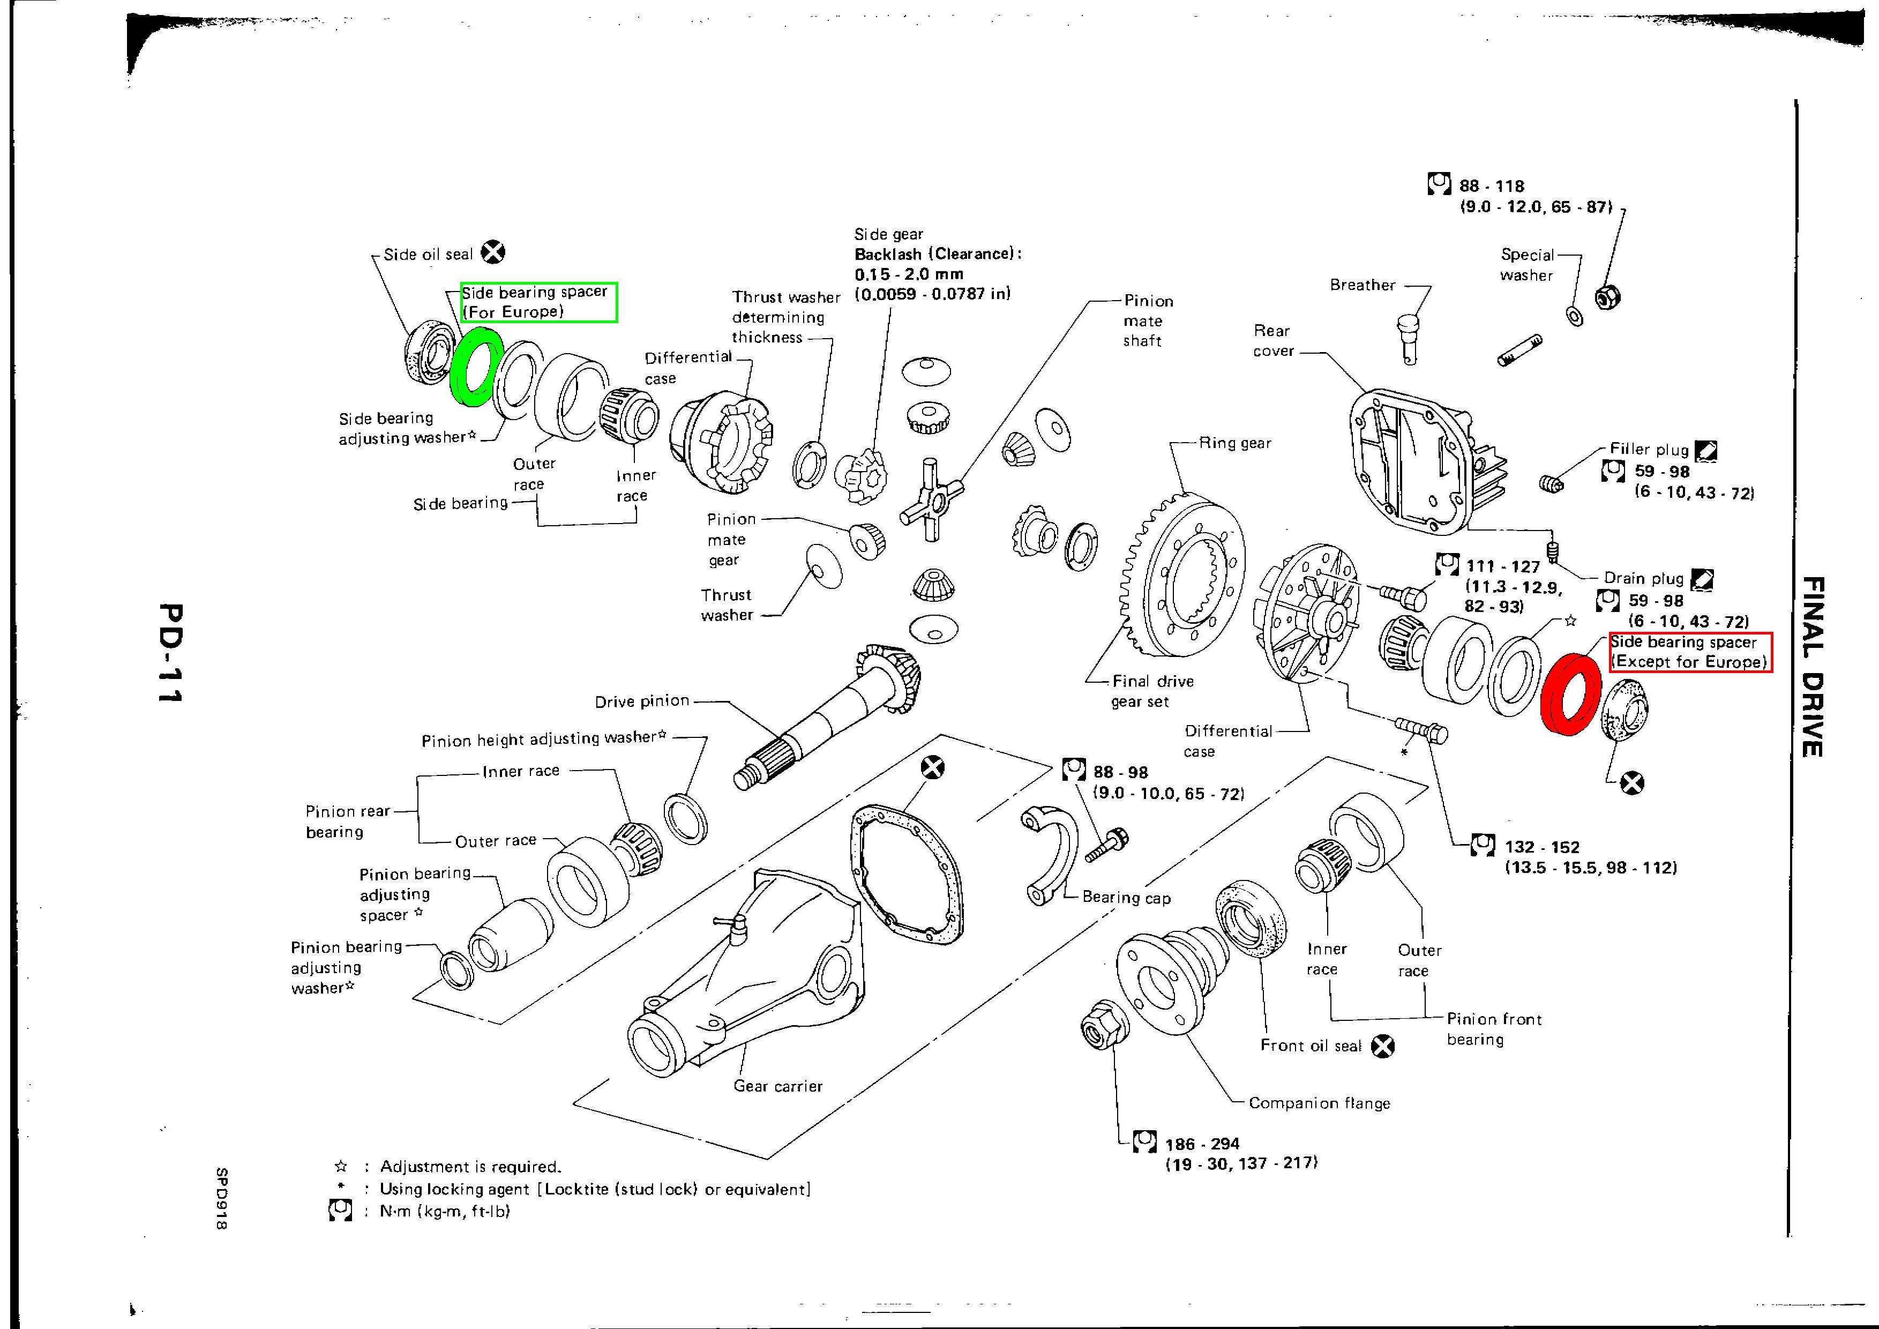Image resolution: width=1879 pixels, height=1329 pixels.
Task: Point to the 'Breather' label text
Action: pyautogui.click(x=1363, y=285)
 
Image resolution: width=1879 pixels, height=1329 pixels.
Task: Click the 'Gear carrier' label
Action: pyautogui.click(x=777, y=1086)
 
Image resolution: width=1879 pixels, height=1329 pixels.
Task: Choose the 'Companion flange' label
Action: pyautogui.click(x=1319, y=1103)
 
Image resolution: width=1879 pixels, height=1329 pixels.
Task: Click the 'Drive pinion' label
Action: pyautogui.click(x=642, y=701)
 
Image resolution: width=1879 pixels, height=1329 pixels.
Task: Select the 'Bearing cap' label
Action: pyautogui.click(x=1126, y=897)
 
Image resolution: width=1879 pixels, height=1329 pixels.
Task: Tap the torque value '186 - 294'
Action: pyautogui.click(x=1202, y=1144)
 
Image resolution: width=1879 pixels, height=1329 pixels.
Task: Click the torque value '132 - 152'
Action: pyautogui.click(x=1542, y=847)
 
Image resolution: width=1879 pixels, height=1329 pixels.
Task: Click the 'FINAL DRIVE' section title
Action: pyautogui.click(x=1813, y=667)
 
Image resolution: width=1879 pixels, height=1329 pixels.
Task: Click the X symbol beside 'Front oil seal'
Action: pyautogui.click(x=1383, y=1046)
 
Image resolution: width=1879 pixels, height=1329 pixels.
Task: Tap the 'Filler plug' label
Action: pyautogui.click(x=1649, y=449)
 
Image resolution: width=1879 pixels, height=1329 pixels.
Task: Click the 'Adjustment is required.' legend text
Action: pyautogui.click(x=470, y=1167)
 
